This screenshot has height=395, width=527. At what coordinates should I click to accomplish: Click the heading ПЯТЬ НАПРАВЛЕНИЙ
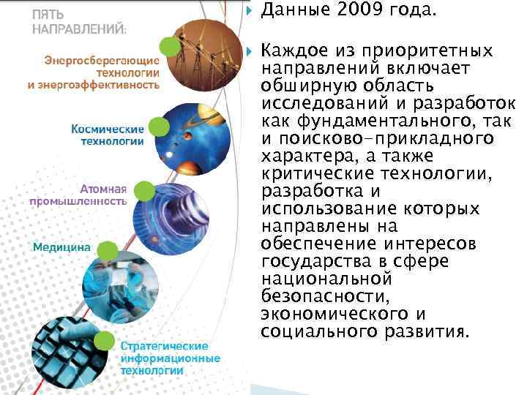[78, 22]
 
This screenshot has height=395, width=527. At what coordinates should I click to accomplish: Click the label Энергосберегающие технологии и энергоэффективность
[94, 72]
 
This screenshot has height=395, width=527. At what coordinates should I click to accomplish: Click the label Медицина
[61, 247]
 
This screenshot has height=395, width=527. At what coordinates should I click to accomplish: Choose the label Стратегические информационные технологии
[169, 358]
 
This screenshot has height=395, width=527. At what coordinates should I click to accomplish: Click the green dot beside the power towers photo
[170, 47]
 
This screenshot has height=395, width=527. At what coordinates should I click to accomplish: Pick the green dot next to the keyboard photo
[105, 340]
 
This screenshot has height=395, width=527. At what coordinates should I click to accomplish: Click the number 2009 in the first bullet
[358, 11]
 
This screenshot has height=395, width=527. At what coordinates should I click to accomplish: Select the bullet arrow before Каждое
[248, 51]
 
